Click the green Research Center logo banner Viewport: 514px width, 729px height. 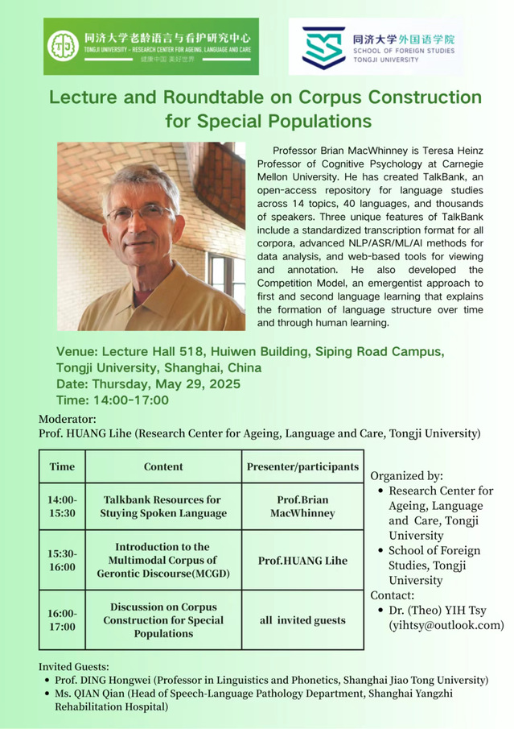pos(151,46)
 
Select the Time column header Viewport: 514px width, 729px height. pos(62,466)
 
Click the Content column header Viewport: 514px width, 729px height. pos(163,466)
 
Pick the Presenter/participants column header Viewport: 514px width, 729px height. pos(302,466)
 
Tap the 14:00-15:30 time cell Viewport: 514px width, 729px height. pos(62,506)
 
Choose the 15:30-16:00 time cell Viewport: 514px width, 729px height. pos(62,560)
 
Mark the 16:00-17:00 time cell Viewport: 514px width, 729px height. pos(62,619)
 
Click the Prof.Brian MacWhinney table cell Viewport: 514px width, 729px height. pos(302,506)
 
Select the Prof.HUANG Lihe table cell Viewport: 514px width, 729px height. pos(302,560)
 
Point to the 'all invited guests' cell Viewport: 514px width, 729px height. pos(302,619)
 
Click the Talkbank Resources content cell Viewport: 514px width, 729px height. pos(163,506)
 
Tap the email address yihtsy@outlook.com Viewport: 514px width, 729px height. pos(446,624)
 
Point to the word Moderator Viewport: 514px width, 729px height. pos(68,419)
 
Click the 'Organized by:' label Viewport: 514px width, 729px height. pos(407,475)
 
